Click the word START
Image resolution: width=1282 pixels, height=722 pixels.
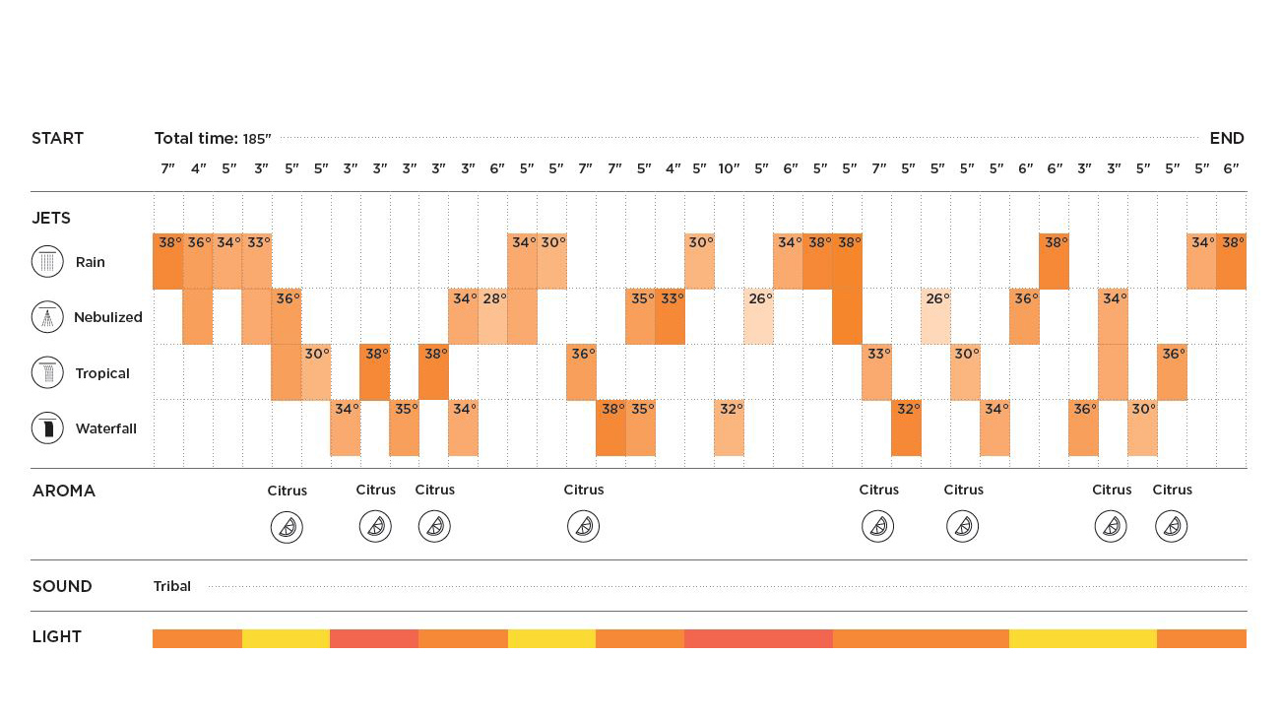(x=57, y=138)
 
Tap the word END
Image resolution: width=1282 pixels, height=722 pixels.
(x=1226, y=138)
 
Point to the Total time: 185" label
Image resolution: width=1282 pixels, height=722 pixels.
(x=212, y=138)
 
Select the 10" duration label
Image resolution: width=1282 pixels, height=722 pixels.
(x=729, y=168)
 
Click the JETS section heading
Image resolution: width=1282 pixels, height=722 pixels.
(x=51, y=218)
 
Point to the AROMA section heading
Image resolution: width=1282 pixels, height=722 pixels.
(x=64, y=491)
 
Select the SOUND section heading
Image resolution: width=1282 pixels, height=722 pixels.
(x=62, y=586)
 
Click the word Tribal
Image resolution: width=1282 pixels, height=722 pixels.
(x=172, y=586)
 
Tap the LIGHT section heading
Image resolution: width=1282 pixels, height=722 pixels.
(x=57, y=636)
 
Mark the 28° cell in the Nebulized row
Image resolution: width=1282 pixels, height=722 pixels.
(x=493, y=316)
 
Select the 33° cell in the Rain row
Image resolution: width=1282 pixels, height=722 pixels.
(x=257, y=261)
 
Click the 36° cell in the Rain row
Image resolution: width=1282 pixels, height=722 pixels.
(x=198, y=261)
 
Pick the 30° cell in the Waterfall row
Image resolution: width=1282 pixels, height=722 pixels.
(x=1142, y=427)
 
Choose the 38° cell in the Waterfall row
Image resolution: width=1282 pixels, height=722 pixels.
(x=611, y=427)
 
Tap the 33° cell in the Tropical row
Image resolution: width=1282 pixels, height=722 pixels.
(x=876, y=372)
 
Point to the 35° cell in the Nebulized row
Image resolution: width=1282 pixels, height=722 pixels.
(x=641, y=316)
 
